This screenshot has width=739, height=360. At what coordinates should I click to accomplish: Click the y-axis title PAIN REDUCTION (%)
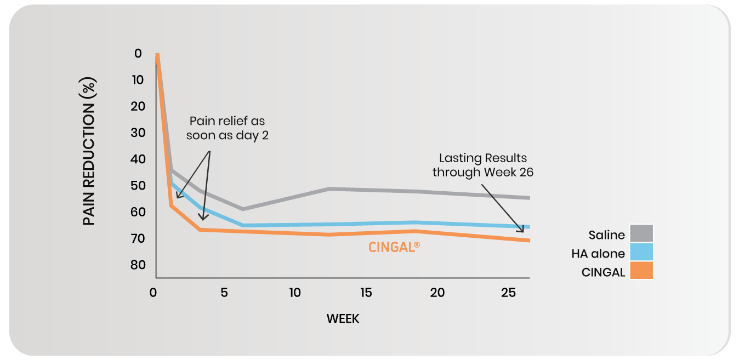[x=89, y=151]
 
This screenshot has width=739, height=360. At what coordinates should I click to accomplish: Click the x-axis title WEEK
[x=343, y=318]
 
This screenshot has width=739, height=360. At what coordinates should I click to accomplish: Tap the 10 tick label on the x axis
[x=295, y=293]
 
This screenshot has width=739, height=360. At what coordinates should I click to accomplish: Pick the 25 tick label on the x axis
[x=508, y=293]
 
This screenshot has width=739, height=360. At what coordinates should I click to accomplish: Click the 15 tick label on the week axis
[x=366, y=293]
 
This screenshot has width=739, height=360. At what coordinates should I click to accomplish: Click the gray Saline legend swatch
[x=641, y=233]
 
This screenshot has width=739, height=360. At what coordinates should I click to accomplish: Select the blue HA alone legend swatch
[x=641, y=252]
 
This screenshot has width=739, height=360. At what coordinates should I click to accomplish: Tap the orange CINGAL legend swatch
[x=641, y=271]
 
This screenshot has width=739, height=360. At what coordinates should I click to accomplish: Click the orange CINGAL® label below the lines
[x=394, y=247]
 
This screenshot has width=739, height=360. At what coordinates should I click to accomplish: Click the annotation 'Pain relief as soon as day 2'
[x=227, y=128]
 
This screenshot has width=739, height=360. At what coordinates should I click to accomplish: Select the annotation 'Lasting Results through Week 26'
[x=482, y=165]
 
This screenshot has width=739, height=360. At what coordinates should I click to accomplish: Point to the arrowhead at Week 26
[x=521, y=230]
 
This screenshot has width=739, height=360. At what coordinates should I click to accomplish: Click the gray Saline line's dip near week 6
[x=242, y=209]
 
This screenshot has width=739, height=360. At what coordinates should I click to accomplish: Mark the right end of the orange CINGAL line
[x=528, y=240]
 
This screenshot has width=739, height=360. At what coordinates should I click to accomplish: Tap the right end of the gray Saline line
[x=528, y=198]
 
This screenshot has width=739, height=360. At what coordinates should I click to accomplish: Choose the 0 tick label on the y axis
[x=138, y=54]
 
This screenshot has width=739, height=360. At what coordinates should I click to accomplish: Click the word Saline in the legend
[x=606, y=235]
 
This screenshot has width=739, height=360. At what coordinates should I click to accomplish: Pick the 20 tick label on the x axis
[x=437, y=293]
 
